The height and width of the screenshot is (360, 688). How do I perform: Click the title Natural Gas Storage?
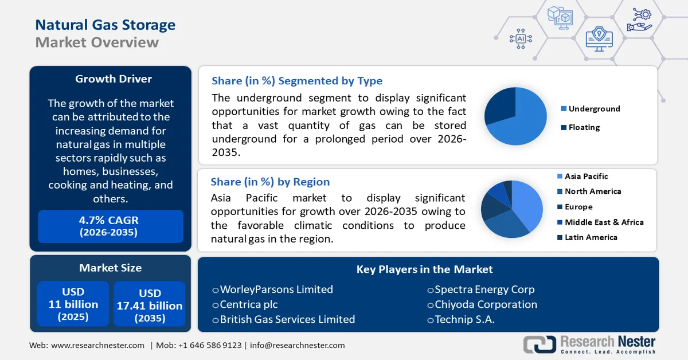pos(105,25)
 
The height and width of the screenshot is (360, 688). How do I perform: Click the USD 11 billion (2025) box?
pos(73,304)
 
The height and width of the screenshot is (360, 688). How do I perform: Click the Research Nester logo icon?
pos(539,344)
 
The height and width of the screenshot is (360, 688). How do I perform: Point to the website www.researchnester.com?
pos(97,345)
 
